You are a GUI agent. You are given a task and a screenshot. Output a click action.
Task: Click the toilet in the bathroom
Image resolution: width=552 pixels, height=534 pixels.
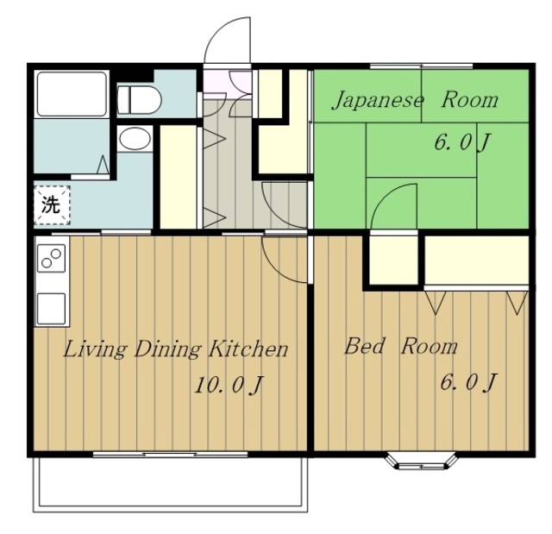coord(139,99)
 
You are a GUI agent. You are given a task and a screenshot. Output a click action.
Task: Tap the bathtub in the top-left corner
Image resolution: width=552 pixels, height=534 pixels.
coord(72,94)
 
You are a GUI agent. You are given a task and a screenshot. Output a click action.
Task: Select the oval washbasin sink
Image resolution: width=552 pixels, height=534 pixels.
coord(135,139)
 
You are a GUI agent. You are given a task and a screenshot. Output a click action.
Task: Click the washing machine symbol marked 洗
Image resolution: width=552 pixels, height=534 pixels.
coord(52,204)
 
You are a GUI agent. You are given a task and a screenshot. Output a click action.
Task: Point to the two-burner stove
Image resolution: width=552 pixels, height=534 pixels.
coord(52,258)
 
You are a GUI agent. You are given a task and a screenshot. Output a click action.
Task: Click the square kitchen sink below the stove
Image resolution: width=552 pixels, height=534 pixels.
coord(52,308)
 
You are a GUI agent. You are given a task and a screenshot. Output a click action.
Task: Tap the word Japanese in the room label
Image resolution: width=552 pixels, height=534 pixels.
coord(378,101)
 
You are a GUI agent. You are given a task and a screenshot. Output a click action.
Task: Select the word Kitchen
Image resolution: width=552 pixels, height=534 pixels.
coord(248,349)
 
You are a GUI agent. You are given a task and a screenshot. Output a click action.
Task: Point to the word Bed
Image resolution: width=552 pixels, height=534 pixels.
coord(364,346)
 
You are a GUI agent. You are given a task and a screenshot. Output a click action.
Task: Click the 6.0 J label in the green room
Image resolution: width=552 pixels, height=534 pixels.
coord(462,143)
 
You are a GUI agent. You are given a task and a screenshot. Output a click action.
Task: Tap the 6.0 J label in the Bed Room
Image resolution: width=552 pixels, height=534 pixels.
coord(468,382)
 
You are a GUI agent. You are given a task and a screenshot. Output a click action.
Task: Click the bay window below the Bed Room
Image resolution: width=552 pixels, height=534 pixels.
coord(422,462)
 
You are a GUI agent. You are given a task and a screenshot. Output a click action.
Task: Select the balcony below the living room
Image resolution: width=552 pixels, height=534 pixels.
coord(171,484)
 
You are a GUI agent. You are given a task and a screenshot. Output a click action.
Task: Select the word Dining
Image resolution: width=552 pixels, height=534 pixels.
coord(168,350)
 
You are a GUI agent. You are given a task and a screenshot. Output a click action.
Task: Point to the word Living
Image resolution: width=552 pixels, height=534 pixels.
coord(95,350)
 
